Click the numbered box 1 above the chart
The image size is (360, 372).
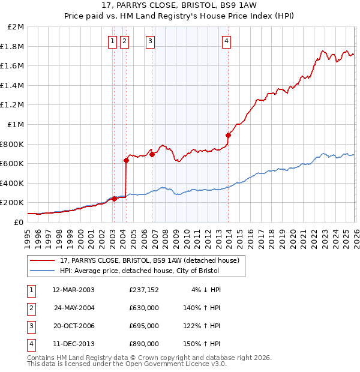[113, 41]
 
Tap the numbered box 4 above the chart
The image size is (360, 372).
[227, 41]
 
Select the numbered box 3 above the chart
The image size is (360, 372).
[150, 41]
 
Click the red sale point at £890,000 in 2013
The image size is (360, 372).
[229, 135]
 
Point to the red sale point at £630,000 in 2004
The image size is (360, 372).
[126, 160]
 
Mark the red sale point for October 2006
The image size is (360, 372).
[152, 154]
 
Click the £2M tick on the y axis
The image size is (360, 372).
[16, 27]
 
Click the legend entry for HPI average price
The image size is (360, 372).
[139, 271]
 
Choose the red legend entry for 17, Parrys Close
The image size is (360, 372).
[149, 260]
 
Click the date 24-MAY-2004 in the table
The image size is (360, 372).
[74, 308]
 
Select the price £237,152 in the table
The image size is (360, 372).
[144, 290]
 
